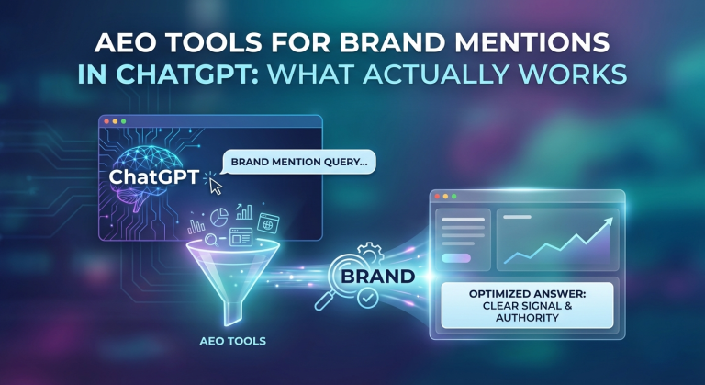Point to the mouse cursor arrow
[216, 187]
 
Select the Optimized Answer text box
[527, 305]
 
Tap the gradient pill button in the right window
[456, 258]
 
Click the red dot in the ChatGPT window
[106, 121]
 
